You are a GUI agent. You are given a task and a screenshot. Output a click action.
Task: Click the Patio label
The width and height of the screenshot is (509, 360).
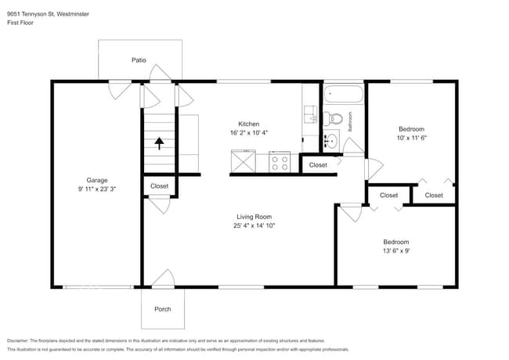pos(139,60)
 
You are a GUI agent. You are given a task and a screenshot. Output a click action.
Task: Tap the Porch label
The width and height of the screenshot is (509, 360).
pos(162,309)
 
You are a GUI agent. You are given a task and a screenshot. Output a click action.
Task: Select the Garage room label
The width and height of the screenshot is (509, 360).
pos(97,180)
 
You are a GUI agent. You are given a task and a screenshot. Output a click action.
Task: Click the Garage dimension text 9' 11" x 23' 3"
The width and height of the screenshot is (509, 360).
pos(97,189)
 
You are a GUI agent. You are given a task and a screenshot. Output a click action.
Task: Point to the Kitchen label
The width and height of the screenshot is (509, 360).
pos(249,124)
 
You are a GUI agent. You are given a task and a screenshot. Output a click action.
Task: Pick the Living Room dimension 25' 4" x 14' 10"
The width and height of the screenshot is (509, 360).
pos(254,225)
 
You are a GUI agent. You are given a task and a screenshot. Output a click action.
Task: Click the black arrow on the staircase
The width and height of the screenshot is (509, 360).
pos(159,143)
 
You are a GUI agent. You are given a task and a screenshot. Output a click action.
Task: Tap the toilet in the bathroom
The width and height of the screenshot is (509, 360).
pos(335,120)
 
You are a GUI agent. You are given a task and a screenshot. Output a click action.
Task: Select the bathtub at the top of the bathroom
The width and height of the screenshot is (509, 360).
pos(344,95)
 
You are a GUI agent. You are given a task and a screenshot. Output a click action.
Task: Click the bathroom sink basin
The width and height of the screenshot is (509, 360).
pos(331,142)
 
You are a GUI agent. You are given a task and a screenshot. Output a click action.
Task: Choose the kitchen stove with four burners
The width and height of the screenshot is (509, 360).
pos(280,163)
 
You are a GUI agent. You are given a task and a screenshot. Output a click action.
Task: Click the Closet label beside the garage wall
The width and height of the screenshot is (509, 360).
pos(159,186)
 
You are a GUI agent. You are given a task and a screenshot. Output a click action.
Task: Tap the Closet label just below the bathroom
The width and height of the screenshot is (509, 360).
pos(318,165)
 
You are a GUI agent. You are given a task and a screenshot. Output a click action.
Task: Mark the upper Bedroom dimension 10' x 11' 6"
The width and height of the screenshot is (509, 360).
pos(411,138)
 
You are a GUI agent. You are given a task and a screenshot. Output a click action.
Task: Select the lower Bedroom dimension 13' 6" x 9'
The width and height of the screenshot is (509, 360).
pos(395,251)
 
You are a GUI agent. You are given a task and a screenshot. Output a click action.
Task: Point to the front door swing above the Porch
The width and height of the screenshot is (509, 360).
pos(163,278)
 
